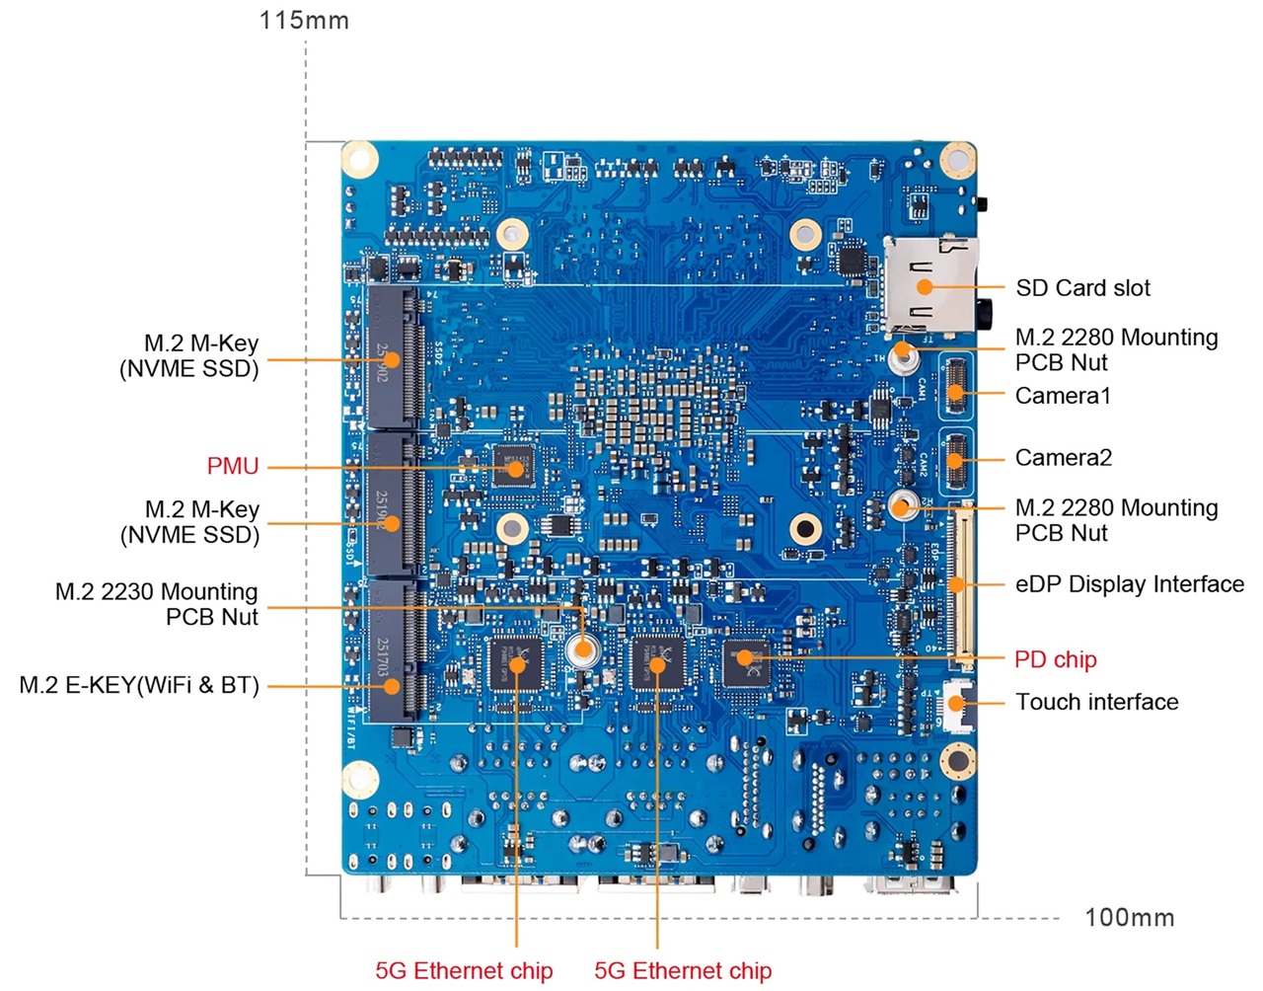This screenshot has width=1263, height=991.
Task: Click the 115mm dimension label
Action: pos(304,20)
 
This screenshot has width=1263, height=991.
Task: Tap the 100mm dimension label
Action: pos(1129,917)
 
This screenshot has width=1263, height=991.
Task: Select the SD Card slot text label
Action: pos(1082,288)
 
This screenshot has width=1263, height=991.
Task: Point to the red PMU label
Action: pos(233,466)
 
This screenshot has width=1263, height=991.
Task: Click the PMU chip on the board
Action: pos(513,465)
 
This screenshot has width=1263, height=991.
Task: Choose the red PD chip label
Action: pos(1055,659)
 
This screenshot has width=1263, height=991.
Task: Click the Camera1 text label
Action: pos(1063,396)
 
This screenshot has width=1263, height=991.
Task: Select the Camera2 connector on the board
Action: pos(954,460)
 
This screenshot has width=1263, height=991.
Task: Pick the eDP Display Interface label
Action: pos(1129,584)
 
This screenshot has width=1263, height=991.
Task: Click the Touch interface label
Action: pos(1096,702)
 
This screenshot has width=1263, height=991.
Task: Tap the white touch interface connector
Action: pos(955,704)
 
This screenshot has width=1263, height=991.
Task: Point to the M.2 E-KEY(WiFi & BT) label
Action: pos(139,685)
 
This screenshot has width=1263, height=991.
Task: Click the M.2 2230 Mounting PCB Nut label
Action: pos(157,604)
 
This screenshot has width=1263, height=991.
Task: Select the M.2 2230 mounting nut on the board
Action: pos(583,649)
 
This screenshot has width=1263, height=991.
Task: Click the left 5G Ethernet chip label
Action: pos(464,970)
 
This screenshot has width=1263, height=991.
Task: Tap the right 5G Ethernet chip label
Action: pos(683,970)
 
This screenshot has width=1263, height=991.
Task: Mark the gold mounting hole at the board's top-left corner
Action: pos(360,160)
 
